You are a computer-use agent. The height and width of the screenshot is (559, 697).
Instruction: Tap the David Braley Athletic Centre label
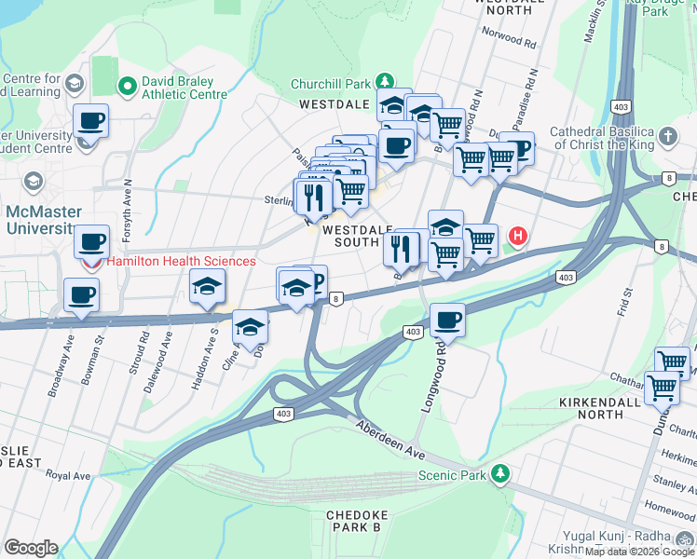click(184, 88)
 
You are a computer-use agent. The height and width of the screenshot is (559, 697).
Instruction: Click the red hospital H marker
click(517, 238)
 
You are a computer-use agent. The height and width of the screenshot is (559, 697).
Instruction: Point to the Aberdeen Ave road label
click(390, 436)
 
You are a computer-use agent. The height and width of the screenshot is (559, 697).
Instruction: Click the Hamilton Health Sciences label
click(181, 262)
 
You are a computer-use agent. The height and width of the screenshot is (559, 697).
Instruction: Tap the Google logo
click(31, 548)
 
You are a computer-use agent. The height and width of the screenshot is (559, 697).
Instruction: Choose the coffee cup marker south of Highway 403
click(448, 320)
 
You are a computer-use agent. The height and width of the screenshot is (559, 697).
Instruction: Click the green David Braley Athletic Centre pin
click(128, 87)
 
